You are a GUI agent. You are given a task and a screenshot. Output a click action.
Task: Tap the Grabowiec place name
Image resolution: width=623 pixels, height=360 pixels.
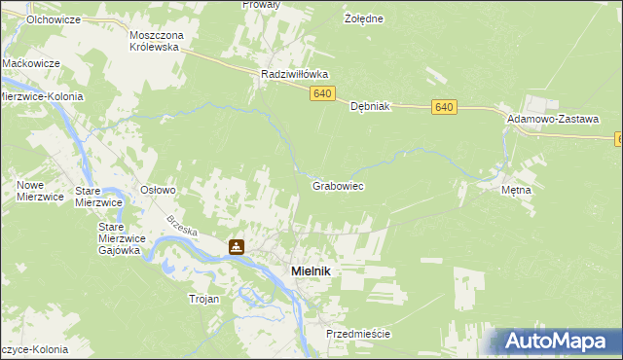tap(338, 185)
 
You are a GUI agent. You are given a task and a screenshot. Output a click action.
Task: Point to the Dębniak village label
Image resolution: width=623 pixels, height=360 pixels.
tap(370, 107)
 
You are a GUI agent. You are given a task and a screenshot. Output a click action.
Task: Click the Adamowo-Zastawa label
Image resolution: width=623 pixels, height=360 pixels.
tap(552, 118)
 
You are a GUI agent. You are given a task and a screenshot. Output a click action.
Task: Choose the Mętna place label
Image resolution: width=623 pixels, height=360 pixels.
tap(516, 190)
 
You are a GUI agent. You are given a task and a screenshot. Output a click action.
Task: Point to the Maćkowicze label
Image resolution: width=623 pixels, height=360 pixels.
tap(32, 63)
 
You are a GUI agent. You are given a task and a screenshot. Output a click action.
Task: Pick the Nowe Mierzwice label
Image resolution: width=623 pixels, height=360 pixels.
tap(39, 191)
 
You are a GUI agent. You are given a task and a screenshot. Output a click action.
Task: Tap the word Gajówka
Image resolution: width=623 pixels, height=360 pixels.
tap(121, 250)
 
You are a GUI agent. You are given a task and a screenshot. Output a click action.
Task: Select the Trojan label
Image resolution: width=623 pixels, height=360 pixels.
tap(203, 300)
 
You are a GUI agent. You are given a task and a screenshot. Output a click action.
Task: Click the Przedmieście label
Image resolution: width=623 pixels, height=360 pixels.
tap(358, 334)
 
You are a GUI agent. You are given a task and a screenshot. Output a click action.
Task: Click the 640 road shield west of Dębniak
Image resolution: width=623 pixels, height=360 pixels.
tap(324, 93)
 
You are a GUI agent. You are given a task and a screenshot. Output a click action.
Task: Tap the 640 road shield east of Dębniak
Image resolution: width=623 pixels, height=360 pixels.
tap(445, 107)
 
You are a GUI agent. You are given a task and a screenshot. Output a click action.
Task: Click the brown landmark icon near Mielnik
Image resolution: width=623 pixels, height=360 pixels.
tap(237, 247)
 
